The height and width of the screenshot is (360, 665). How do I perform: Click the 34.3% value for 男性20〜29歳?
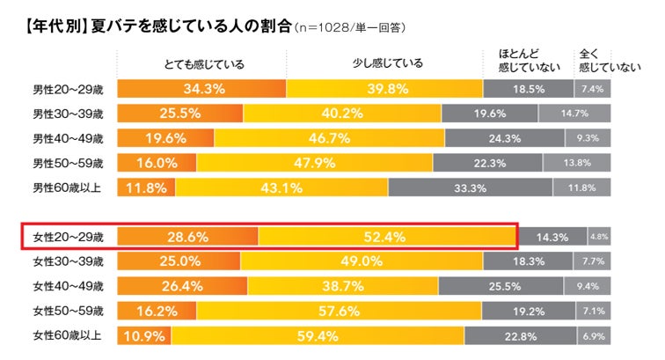204,89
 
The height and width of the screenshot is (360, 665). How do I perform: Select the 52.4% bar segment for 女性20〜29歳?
387,237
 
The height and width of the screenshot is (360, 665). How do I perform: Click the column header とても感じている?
205,63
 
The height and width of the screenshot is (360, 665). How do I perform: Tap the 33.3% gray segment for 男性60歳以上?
471,187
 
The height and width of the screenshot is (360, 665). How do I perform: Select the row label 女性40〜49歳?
68,286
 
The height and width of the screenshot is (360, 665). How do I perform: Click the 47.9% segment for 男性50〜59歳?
314,163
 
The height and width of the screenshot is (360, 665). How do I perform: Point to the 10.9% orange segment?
143,336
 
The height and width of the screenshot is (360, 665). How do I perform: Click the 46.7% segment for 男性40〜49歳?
328,138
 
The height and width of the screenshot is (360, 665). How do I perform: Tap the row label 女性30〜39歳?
68,261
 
